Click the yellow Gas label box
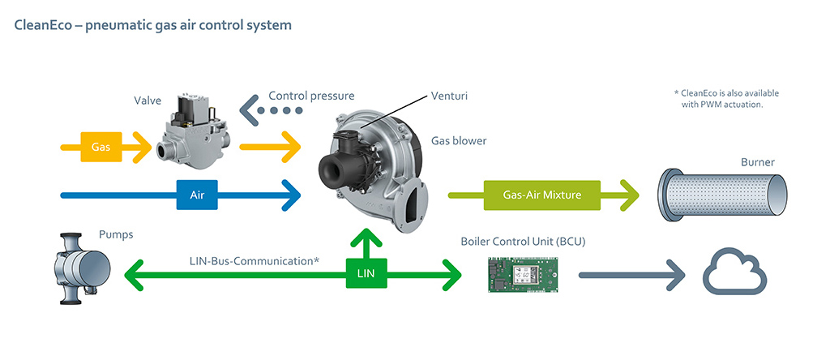point(101,148)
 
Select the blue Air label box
point(197,195)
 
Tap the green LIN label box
point(366,274)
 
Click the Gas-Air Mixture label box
point(541,195)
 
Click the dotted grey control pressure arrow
point(272,110)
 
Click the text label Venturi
point(450,96)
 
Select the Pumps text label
point(116,234)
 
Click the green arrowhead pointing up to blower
point(366,239)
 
